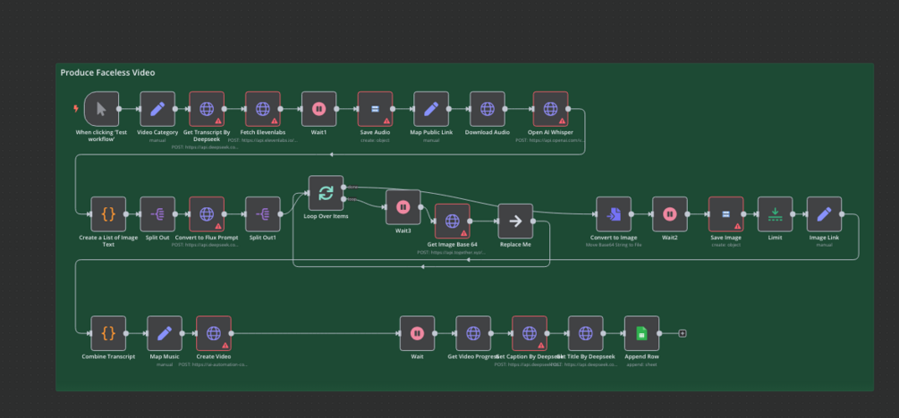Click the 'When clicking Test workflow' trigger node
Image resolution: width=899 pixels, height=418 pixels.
point(101,109)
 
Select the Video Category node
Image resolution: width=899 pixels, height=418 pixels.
point(157,109)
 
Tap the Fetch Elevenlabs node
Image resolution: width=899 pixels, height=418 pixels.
point(263,109)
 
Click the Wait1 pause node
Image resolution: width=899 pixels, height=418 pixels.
point(318,109)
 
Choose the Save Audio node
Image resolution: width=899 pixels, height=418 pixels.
point(375,109)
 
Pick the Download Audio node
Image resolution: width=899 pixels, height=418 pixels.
point(488,109)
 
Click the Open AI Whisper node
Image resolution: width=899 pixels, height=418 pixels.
point(550,109)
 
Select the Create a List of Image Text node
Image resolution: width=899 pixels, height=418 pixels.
point(108,214)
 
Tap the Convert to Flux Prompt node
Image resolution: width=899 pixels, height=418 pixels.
point(207,214)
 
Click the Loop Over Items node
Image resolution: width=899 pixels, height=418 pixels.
point(326,193)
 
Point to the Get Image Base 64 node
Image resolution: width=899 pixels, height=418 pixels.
point(453,222)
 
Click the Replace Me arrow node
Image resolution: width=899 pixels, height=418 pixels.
point(515,222)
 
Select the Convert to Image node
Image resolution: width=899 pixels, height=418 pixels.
point(614,214)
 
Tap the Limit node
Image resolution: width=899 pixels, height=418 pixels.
point(775,214)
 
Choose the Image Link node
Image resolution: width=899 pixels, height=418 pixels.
point(824,214)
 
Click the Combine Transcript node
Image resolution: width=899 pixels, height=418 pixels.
point(108,333)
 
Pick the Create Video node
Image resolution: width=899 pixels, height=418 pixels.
point(214,333)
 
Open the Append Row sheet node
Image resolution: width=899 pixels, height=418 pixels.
point(641,333)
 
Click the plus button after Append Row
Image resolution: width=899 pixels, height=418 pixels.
point(683,333)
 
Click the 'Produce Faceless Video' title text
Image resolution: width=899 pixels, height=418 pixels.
point(107,72)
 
